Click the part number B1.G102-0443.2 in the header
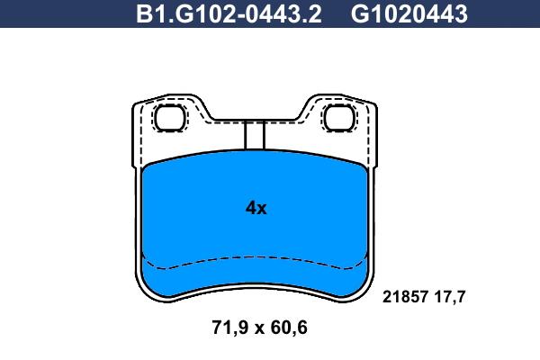tap(229, 14)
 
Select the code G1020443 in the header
tap(409, 14)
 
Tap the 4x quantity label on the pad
tap(256, 208)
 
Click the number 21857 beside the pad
tap(405, 297)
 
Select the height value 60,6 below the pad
tap(289, 328)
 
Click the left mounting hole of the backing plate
tap(170, 118)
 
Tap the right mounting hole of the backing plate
tap(339, 118)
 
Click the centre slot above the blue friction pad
tap(255, 135)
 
